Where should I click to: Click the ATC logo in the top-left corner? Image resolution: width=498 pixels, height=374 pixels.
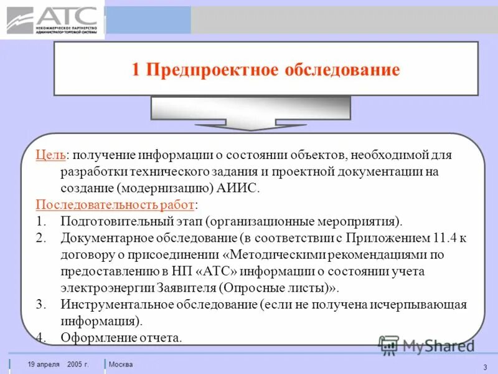click(52, 20)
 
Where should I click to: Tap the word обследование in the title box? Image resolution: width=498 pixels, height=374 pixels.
click(342, 69)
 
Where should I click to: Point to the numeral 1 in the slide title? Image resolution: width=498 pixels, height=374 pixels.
click(136, 69)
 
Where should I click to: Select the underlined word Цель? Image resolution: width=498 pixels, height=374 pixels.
click(50, 155)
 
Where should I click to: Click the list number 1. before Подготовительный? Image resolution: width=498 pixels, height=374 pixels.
click(41, 221)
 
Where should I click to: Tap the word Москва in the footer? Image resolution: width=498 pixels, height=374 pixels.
click(121, 364)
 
